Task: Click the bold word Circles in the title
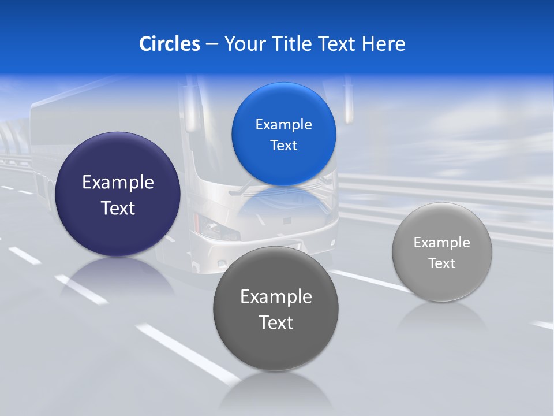pyautogui.click(x=170, y=44)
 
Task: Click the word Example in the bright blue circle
pyautogui.click(x=283, y=125)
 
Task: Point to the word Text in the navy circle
pyautogui.click(x=118, y=208)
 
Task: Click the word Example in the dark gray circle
pyautogui.click(x=276, y=297)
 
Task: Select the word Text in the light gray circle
pyautogui.click(x=442, y=263)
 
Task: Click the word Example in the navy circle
pyautogui.click(x=118, y=183)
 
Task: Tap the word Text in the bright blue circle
pyautogui.click(x=283, y=146)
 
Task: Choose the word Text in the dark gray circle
pyautogui.click(x=276, y=322)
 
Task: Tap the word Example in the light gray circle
pyautogui.click(x=442, y=243)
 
